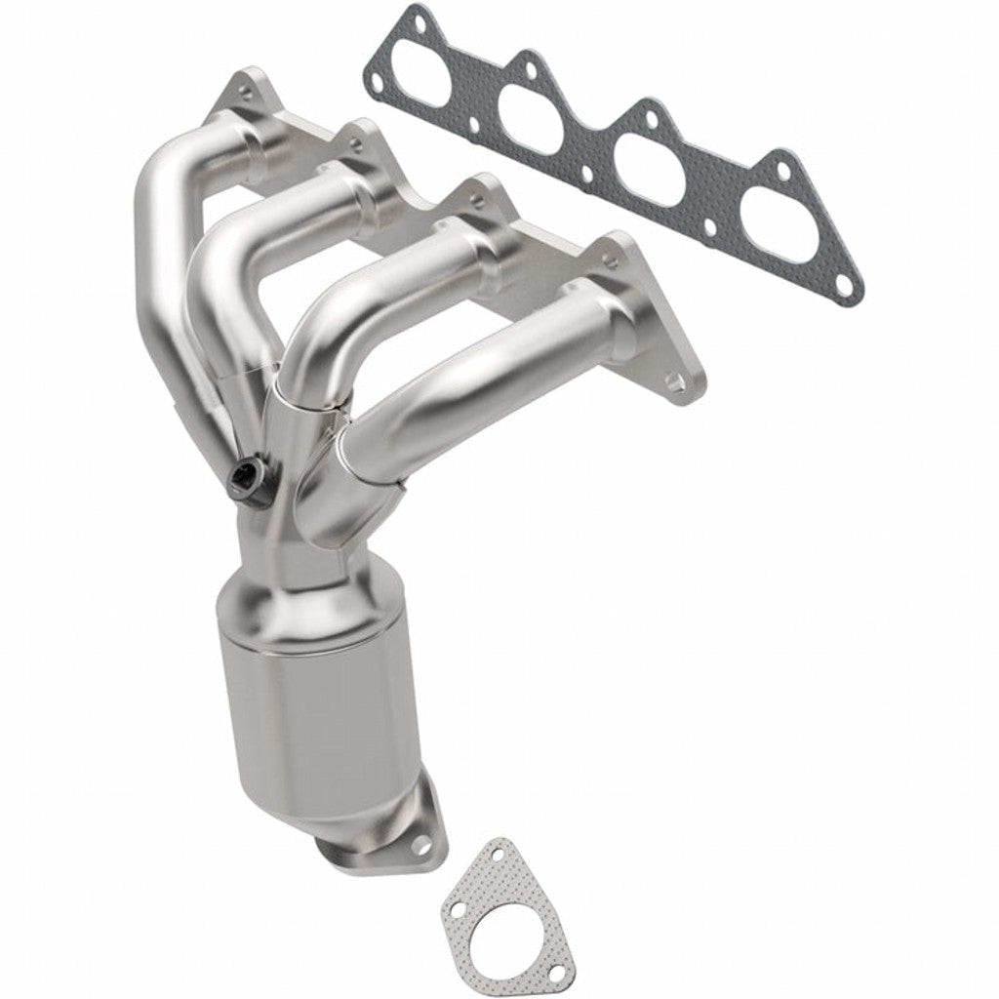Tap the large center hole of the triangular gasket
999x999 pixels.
492,905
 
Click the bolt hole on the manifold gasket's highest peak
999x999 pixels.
419,17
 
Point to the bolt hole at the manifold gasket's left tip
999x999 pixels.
374,69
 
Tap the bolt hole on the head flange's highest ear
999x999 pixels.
243,86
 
